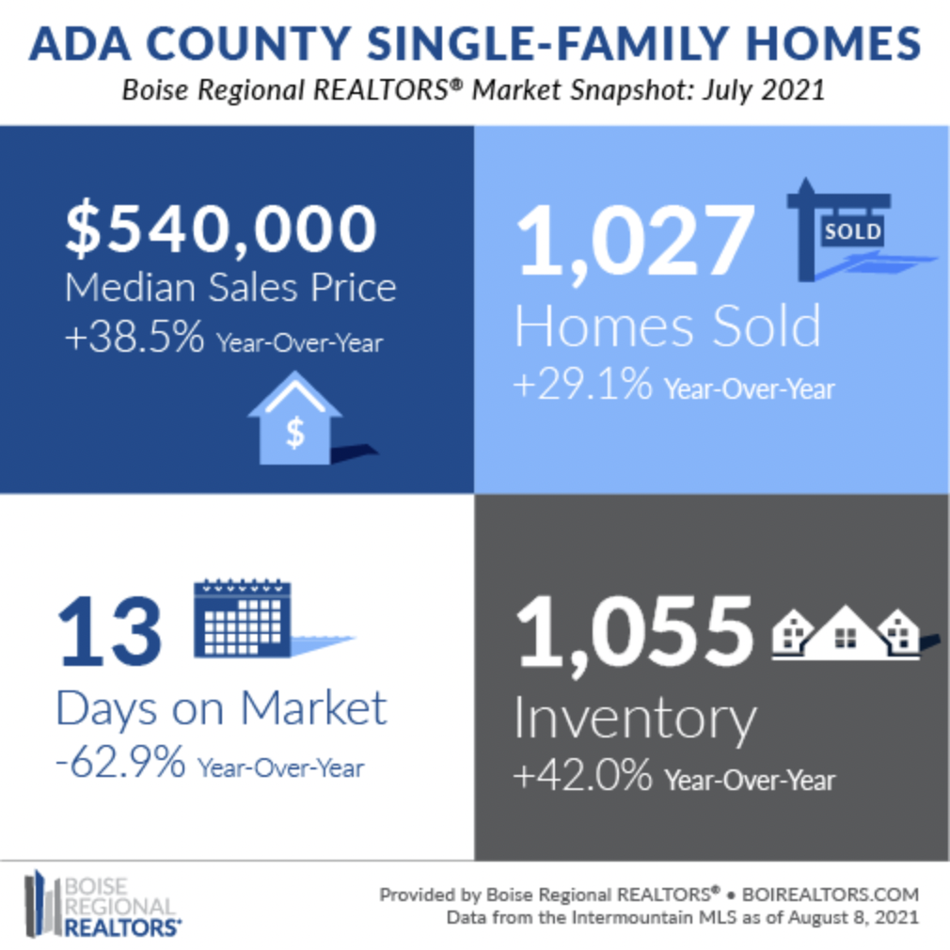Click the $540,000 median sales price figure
point(220,229)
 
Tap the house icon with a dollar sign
point(295,422)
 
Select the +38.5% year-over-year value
point(134,339)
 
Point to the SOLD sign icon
point(851,230)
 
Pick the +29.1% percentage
point(581,386)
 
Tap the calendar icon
point(243,618)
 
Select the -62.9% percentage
point(119,764)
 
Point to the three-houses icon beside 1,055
point(846,631)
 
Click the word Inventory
point(635,719)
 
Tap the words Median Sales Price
point(230,287)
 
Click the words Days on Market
point(221,707)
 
